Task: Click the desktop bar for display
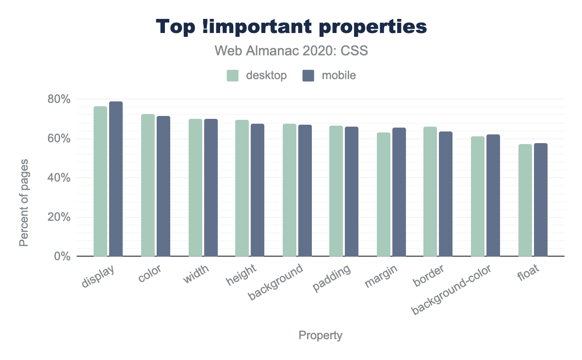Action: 100,181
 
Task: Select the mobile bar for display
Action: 116,179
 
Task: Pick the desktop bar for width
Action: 195,187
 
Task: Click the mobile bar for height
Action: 258,190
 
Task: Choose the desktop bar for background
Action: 290,190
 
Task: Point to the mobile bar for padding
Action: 352,191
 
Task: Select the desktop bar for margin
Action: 384,194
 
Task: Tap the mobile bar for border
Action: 446,194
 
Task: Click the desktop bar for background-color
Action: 478,196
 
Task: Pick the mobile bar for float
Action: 541,199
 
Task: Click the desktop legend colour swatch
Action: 233,76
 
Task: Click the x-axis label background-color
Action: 451,290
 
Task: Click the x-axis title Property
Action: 320,335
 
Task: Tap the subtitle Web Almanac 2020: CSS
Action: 291,50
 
